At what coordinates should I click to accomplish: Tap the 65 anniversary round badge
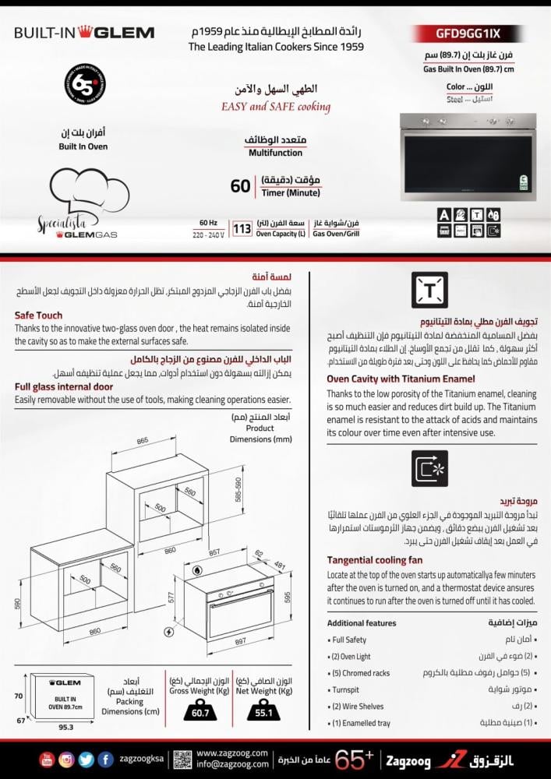tap(84, 85)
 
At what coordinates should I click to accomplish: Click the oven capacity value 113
tap(242, 229)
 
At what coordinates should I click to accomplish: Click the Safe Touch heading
tap(38, 315)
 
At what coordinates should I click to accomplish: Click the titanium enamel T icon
tap(429, 290)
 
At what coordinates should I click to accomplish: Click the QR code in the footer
tap(182, 760)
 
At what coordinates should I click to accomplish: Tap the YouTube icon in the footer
tap(47, 760)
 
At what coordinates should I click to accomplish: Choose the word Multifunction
tap(253, 153)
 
